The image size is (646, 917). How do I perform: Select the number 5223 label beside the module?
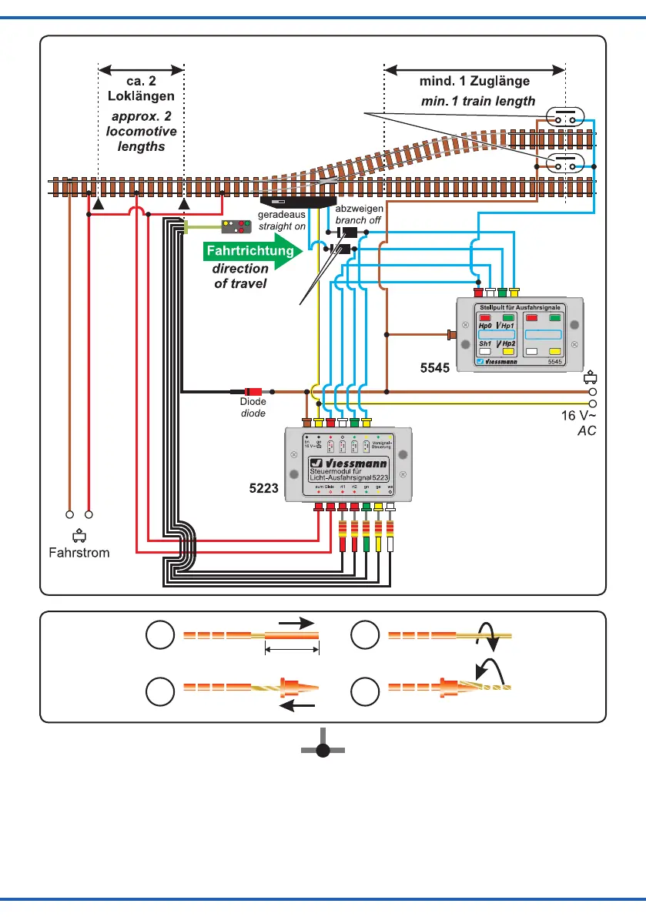tap(263, 487)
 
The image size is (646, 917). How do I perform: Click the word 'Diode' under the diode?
tap(253, 402)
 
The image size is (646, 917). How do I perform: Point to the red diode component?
tap(253, 391)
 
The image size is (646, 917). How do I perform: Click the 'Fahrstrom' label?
tap(79, 552)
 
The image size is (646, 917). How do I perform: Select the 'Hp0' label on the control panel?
tap(486, 326)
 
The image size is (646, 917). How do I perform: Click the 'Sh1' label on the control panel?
tap(486, 343)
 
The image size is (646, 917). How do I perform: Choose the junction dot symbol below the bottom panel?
tap(323, 751)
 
